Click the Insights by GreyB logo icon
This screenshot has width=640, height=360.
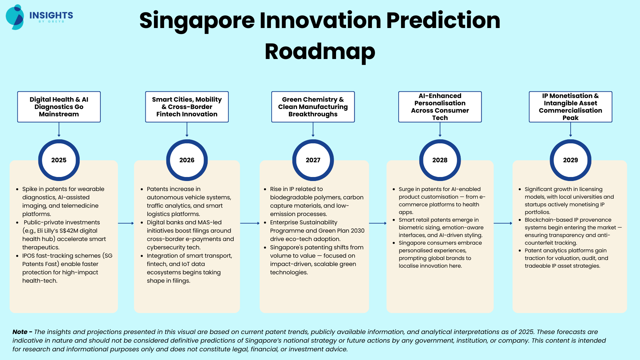(15, 17)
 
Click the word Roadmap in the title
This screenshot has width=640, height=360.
(320, 52)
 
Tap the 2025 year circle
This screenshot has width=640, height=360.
(59, 160)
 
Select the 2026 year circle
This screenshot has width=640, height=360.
(187, 160)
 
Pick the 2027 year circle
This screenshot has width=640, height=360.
(313, 160)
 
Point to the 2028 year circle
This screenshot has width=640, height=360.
(440, 160)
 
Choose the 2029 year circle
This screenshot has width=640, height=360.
(571, 160)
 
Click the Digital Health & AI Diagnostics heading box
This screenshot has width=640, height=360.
(59, 107)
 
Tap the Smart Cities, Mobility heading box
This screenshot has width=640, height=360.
(187, 107)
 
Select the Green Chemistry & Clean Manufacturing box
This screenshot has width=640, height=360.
(313, 107)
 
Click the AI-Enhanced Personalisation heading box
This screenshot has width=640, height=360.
(440, 107)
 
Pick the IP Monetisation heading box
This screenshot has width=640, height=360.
(571, 107)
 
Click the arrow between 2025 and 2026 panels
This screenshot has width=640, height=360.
(126, 223)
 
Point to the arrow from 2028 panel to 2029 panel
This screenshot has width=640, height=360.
(503, 223)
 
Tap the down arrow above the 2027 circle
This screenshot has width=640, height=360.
(313, 130)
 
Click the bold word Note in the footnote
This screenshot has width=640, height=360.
(20, 332)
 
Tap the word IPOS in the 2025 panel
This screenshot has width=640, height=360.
(29, 256)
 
